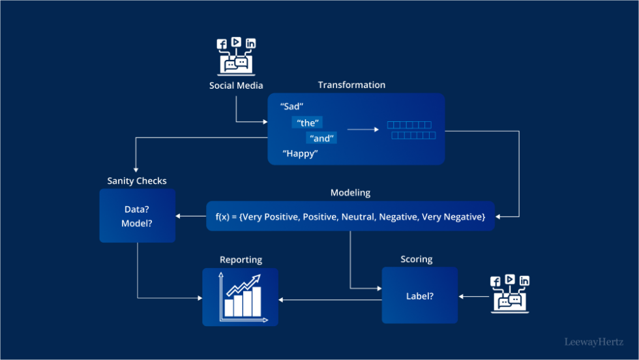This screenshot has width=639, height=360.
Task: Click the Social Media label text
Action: (x=236, y=85)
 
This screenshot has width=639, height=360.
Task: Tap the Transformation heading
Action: (x=351, y=85)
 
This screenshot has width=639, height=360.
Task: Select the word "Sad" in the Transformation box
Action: (x=292, y=106)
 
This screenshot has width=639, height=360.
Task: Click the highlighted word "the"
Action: (x=307, y=123)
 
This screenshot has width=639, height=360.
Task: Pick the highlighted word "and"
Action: (x=321, y=138)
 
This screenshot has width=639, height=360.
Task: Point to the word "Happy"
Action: (x=300, y=154)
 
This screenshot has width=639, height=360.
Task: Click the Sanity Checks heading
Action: (x=137, y=181)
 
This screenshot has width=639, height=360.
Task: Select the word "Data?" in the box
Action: (x=138, y=210)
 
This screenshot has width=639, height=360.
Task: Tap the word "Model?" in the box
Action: (x=138, y=224)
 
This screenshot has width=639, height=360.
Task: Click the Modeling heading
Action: (x=350, y=192)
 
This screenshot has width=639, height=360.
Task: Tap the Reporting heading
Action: (x=241, y=260)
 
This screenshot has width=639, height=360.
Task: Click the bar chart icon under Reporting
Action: (x=241, y=297)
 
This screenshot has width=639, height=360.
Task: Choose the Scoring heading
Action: (x=417, y=259)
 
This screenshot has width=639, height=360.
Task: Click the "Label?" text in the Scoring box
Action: (x=419, y=295)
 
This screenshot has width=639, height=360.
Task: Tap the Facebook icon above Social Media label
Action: (x=222, y=44)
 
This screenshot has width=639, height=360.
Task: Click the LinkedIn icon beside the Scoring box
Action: (x=524, y=280)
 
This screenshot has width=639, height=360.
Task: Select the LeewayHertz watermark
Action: (x=593, y=341)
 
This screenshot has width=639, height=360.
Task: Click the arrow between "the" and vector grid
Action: (x=363, y=129)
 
